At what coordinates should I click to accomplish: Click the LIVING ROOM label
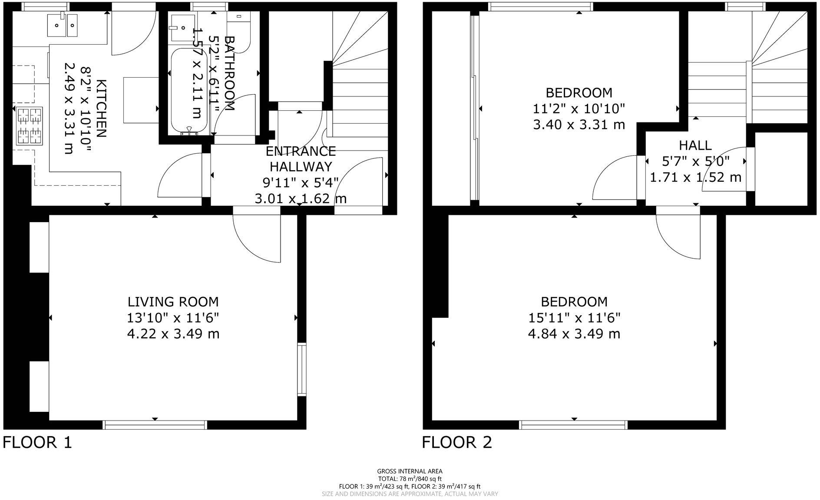tap(173, 302)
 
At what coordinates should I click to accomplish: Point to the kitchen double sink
tap(63, 25)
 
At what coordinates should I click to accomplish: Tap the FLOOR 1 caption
tap(37, 443)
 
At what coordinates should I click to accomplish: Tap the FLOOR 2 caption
tap(457, 443)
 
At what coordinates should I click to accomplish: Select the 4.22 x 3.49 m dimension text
tap(173, 334)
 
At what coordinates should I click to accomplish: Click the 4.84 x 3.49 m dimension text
tap(574, 334)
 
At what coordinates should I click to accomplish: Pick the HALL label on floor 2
tap(695, 145)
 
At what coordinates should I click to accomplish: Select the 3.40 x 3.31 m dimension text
tap(579, 125)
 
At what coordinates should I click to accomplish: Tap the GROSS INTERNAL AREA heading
tap(410, 471)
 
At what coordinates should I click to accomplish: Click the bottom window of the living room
tap(155, 424)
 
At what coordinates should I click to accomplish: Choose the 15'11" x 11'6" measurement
tap(574, 318)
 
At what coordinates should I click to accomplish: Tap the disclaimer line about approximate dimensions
tap(410, 494)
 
